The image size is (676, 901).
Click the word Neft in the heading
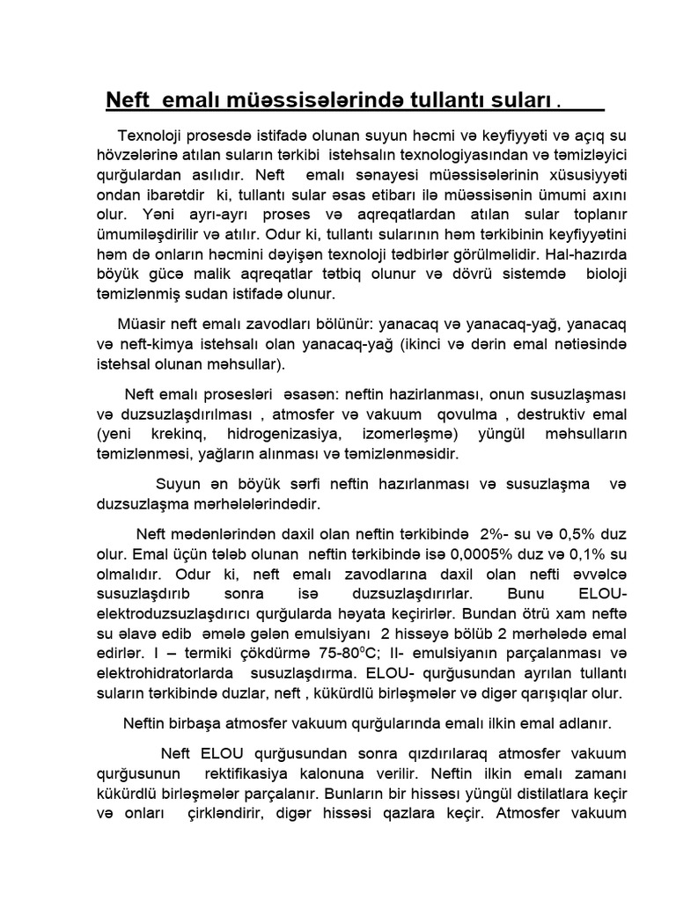pos(129,99)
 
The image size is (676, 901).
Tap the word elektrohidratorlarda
pos(154,674)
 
